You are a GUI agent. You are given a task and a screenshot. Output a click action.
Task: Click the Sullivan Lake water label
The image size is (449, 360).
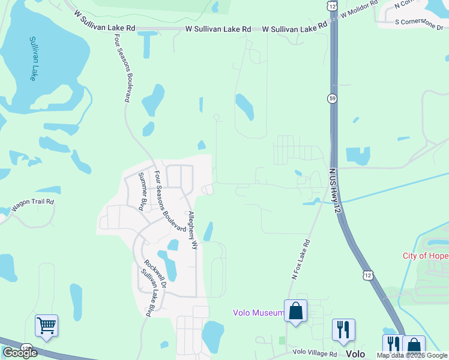[35, 59]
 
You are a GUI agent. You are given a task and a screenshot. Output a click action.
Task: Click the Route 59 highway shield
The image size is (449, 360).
[332, 98]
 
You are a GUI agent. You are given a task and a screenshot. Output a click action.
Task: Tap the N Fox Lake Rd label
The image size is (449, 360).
[301, 260]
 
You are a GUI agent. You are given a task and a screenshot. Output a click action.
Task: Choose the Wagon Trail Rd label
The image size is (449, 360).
[33, 205]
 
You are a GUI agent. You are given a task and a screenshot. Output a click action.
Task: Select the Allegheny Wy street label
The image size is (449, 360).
[191, 230]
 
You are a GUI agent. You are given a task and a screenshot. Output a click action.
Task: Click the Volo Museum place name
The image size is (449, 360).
[258, 313]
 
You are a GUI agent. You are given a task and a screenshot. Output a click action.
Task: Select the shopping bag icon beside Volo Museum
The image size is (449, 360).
[295, 311]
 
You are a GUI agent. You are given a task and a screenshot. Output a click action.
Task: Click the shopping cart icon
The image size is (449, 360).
[46, 325]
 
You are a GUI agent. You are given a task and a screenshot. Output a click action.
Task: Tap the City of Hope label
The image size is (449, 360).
[425, 256]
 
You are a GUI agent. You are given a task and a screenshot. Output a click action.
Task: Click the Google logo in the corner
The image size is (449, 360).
[20, 353]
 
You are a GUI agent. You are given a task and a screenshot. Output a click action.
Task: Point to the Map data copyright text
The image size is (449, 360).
[411, 356]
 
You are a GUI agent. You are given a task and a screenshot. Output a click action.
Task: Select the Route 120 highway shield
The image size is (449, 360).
[26, 347]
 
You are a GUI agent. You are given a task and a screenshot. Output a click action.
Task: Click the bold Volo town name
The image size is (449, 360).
[355, 353]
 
